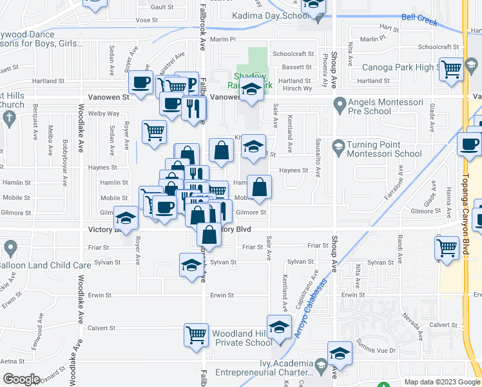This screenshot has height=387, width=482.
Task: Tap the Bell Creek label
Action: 419,20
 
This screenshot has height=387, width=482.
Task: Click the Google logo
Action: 21,379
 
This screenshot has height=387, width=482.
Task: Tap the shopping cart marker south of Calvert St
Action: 196,334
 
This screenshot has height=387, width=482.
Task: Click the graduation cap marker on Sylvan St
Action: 191,265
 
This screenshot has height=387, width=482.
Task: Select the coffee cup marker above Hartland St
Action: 141,82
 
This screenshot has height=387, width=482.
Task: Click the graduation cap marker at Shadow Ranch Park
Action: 251,90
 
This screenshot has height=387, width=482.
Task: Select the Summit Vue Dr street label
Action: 376,349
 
